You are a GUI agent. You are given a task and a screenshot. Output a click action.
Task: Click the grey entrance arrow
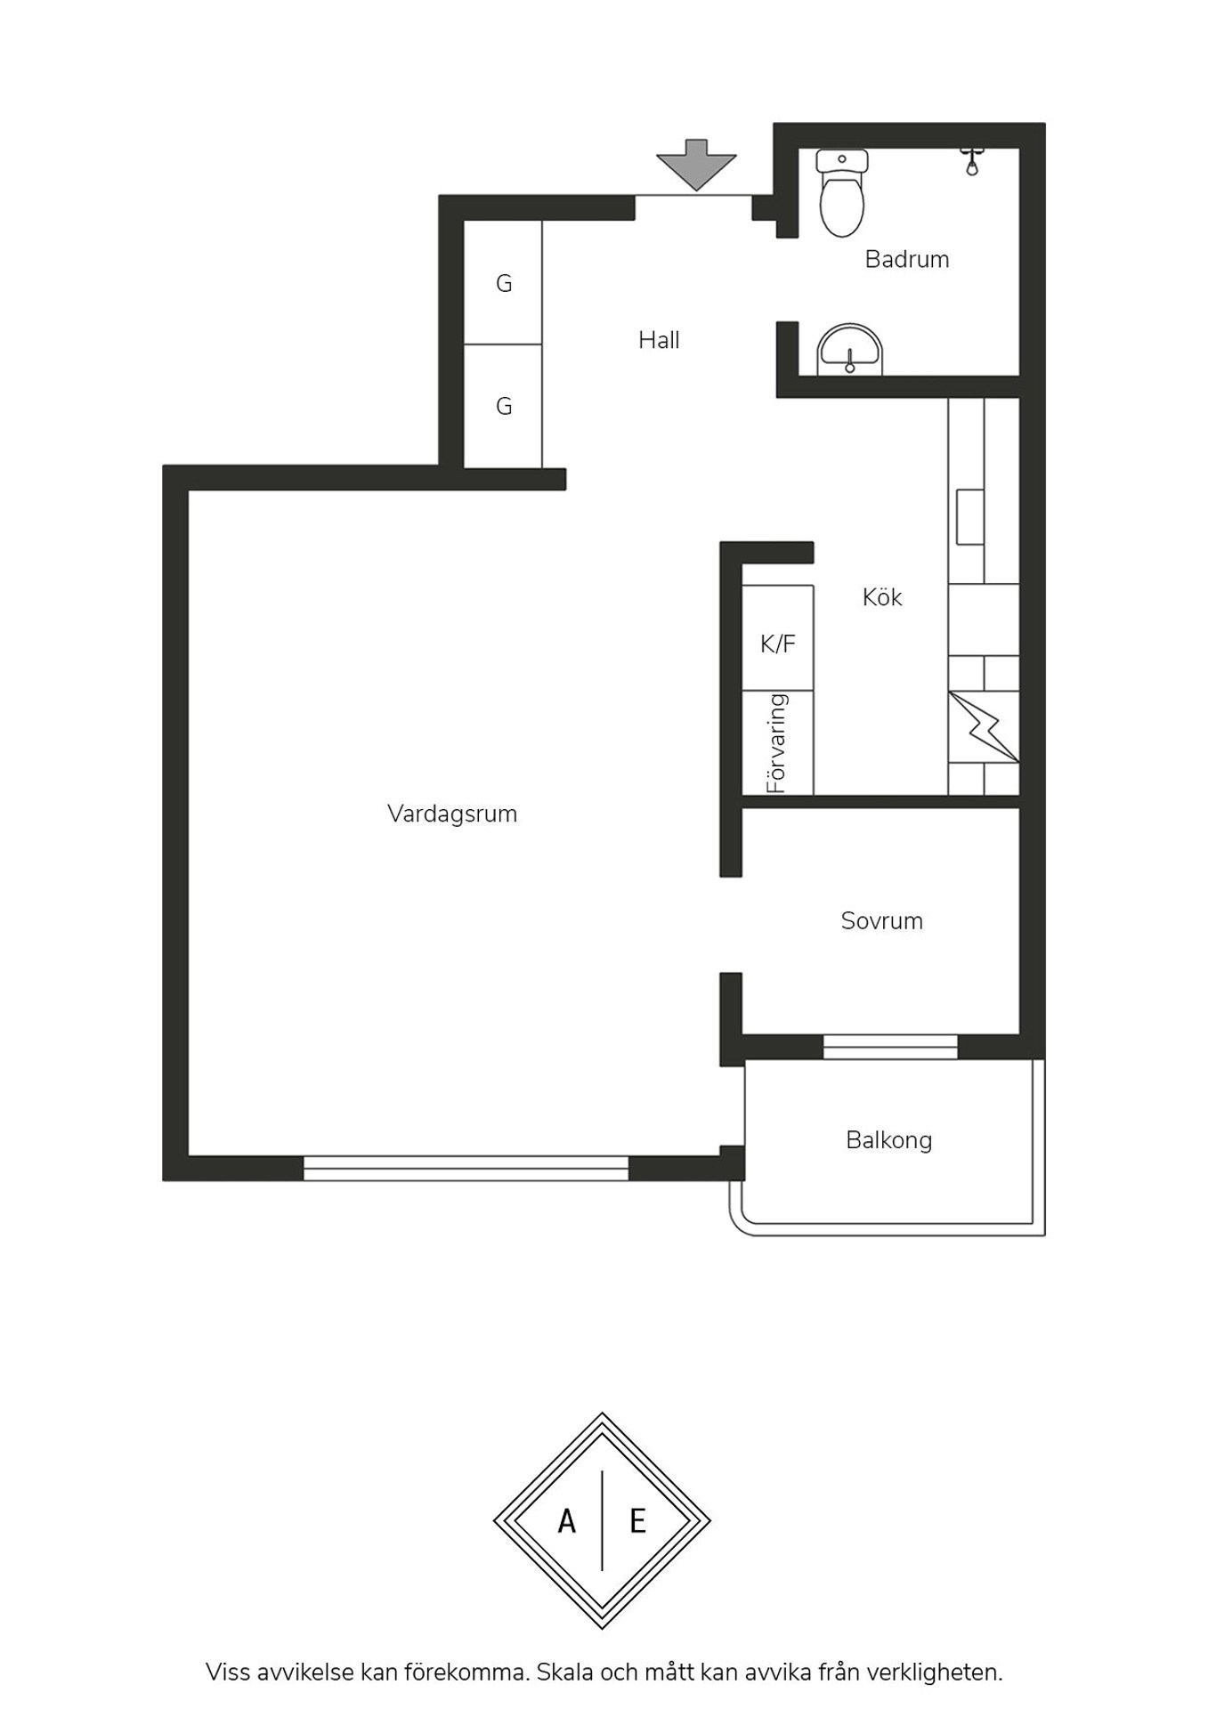click(x=696, y=165)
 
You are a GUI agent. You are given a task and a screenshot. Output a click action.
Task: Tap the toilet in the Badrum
click(x=841, y=192)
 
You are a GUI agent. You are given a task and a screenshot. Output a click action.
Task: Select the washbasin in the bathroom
click(x=850, y=349)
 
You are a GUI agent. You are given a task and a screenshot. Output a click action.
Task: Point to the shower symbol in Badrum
click(x=972, y=161)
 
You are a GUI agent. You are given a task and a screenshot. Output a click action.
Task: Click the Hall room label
click(x=659, y=340)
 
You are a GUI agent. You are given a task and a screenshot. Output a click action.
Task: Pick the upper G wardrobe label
click(x=504, y=284)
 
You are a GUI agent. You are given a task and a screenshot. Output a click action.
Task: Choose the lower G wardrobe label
click(x=504, y=407)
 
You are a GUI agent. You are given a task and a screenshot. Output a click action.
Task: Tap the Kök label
click(x=882, y=597)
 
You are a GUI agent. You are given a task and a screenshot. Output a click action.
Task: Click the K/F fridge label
click(x=778, y=644)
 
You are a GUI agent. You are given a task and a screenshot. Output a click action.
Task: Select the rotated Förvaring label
click(x=777, y=743)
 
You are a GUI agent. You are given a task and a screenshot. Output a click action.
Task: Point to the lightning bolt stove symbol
click(x=984, y=727)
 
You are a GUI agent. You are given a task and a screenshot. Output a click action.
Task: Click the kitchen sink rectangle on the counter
click(x=970, y=517)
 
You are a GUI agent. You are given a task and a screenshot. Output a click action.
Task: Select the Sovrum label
click(x=882, y=921)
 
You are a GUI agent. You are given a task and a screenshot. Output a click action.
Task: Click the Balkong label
click(x=889, y=1141)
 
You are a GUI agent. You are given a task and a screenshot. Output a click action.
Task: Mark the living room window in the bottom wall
click(x=466, y=1168)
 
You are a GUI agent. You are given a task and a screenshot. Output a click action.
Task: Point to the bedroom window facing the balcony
click(x=890, y=1047)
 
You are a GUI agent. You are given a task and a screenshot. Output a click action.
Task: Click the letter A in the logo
click(x=567, y=1521)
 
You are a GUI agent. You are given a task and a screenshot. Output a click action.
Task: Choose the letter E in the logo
click(x=637, y=1521)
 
